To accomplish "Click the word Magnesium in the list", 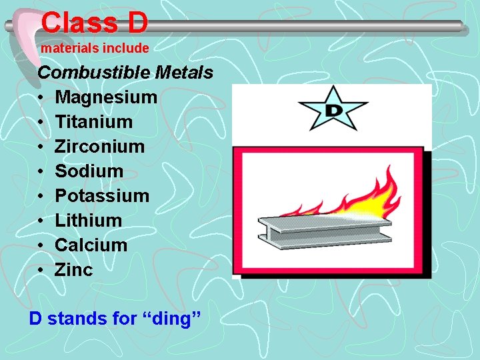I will point(106,97).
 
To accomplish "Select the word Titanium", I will point(94,122).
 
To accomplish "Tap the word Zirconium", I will point(99,147).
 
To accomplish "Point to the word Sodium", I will point(89,171).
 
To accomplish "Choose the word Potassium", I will point(102,196).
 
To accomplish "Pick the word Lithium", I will point(88,221).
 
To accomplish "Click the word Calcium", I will point(91,245).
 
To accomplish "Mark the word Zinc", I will point(74,270).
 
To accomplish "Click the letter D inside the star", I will point(333,109).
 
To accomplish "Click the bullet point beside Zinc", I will point(41,270).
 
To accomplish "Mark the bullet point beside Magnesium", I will point(41,97).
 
